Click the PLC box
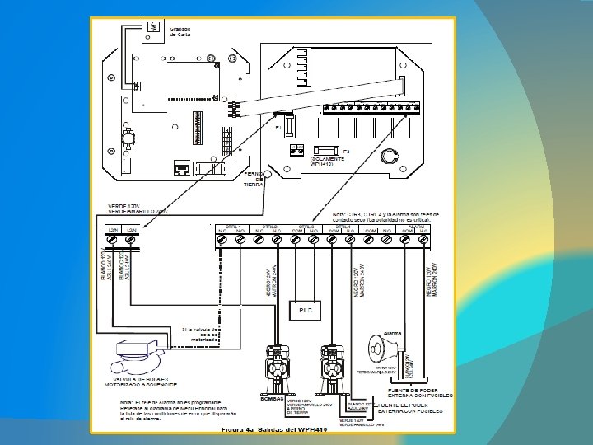point(304,310)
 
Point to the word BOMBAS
point(272,399)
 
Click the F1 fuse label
point(278,129)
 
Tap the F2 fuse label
point(347,152)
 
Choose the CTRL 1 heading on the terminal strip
point(232,225)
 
